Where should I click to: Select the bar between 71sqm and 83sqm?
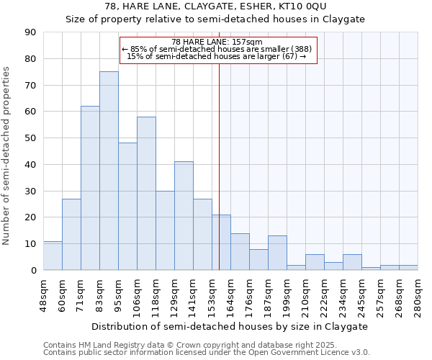tap(90, 188)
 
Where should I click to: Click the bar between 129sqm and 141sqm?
tap(184, 216)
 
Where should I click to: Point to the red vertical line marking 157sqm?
tap(219, 166)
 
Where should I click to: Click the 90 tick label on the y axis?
tap(31, 32)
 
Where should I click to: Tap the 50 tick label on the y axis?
tap(31, 138)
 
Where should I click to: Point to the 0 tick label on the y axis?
tap(34, 271)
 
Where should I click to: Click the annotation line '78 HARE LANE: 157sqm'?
tap(217, 42)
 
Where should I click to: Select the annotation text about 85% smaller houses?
tap(217, 49)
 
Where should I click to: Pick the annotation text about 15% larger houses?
tap(217, 56)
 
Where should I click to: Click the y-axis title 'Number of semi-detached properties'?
tap(7, 156)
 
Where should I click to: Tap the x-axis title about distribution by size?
tap(230, 326)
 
